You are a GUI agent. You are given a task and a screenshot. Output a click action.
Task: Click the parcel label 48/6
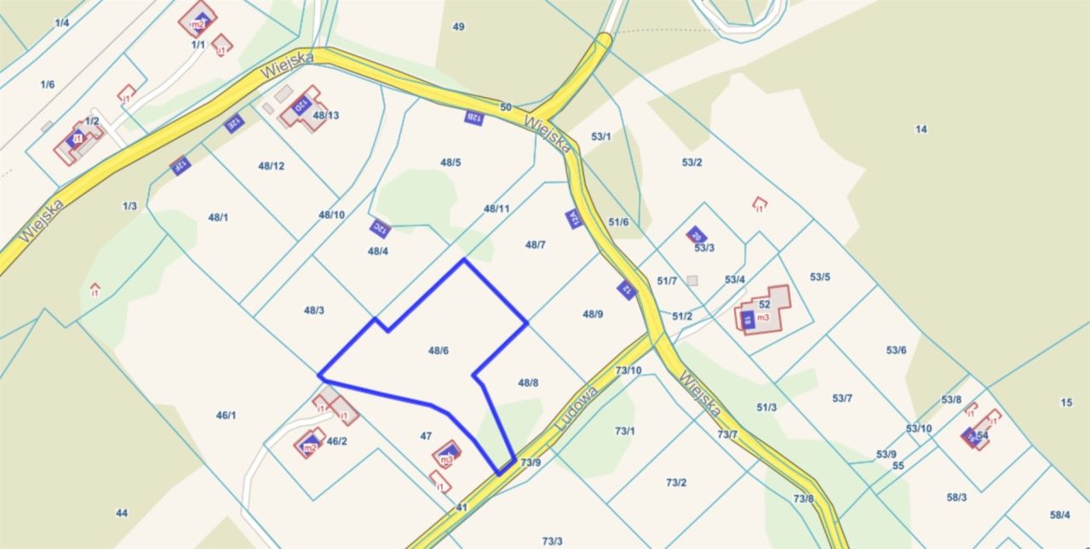tap(439, 351)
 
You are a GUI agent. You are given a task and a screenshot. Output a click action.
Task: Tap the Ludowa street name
tap(576, 409)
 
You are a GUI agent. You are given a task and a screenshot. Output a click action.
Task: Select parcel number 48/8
tap(528, 383)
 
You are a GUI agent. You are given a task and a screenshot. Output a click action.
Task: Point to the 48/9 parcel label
tap(593, 314)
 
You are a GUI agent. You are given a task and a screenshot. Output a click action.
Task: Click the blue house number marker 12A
tap(574, 219)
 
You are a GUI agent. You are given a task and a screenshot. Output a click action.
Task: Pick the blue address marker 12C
tap(380, 228)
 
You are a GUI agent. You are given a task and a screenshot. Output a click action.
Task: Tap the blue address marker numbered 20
tap(696, 235)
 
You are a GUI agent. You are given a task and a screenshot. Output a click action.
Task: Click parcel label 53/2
tap(691, 163)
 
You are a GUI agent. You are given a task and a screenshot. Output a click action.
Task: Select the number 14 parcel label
tap(921, 129)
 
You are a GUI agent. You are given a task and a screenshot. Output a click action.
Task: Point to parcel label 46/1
tap(226, 415)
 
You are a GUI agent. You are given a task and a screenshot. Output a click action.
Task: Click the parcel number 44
tap(122, 513)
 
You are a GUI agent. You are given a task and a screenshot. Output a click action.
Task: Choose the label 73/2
tap(676, 483)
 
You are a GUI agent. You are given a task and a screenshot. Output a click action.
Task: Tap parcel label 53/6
tap(896, 351)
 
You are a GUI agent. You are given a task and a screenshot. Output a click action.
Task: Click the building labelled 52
tap(764, 305)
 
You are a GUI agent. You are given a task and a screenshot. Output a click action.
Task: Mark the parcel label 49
tap(458, 27)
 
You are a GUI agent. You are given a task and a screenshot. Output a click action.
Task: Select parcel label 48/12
tap(271, 166)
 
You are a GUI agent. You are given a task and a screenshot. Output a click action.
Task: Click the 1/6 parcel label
tap(47, 84)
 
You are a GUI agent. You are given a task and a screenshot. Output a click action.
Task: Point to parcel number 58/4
tap(1060, 515)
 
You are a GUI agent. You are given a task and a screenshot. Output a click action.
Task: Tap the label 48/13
tap(326, 116)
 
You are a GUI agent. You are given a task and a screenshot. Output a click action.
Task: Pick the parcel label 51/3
tap(766, 408)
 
